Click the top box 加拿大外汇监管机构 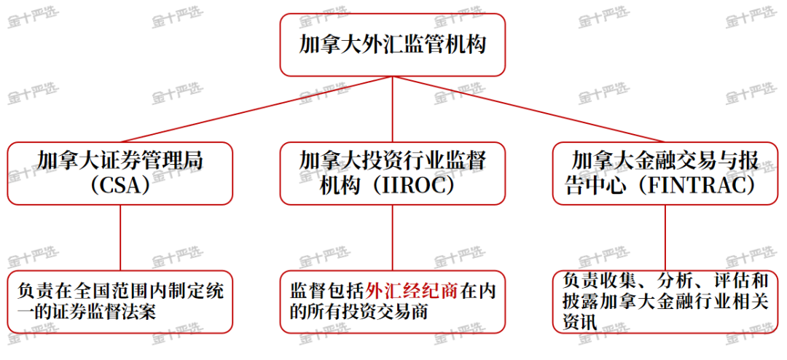(x=392, y=44)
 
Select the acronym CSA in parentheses (x=120, y=185)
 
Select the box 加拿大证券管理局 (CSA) (x=120, y=173)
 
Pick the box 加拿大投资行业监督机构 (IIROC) (x=392, y=173)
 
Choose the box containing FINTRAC (x=665, y=173)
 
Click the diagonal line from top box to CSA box (x=255, y=109)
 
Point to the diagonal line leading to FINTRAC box (x=528, y=109)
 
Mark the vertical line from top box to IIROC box (x=392, y=109)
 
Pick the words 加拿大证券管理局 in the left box (x=120, y=160)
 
